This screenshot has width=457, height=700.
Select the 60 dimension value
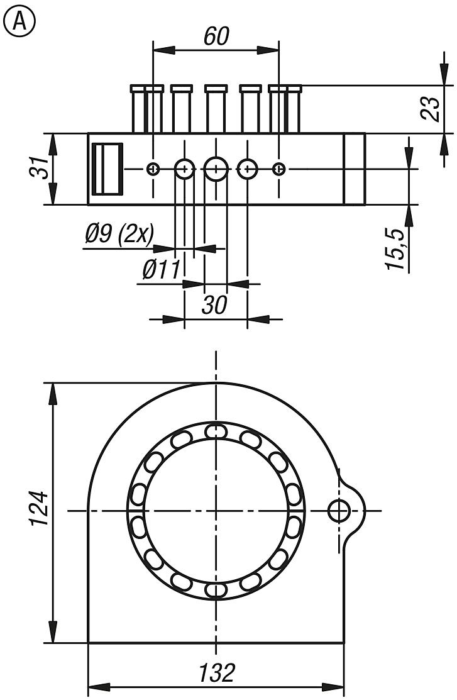(216, 37)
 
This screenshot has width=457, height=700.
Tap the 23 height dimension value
(430, 108)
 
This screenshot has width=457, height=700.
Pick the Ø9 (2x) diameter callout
(119, 235)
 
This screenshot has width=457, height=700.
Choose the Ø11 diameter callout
(161, 270)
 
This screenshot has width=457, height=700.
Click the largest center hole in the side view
(216, 169)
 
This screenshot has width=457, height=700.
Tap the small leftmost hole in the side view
(153, 169)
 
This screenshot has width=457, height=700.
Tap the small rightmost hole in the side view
(279, 169)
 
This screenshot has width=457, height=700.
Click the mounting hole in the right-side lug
(339, 511)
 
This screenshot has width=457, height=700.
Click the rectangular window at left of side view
(107, 169)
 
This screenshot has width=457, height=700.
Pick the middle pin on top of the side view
(216, 109)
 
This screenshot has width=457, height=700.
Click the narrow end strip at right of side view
(355, 169)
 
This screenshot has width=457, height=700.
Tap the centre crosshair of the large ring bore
(216, 511)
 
